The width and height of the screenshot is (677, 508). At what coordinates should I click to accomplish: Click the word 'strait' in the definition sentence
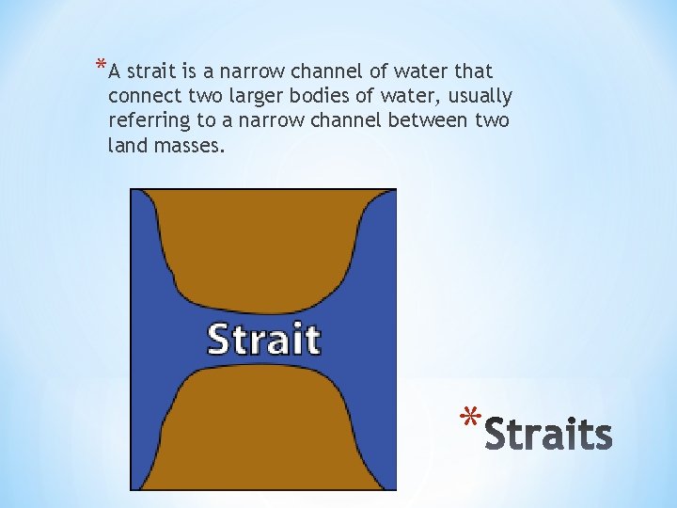[149, 71]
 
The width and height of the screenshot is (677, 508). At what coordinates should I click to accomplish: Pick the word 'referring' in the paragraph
[144, 120]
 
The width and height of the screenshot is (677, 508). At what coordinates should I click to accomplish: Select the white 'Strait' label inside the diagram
[263, 339]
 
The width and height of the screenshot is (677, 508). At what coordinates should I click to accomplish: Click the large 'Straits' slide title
[548, 434]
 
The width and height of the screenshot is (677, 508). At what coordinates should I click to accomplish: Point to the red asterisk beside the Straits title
[469, 418]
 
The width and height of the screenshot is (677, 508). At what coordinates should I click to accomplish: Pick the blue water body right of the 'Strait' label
[367, 339]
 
